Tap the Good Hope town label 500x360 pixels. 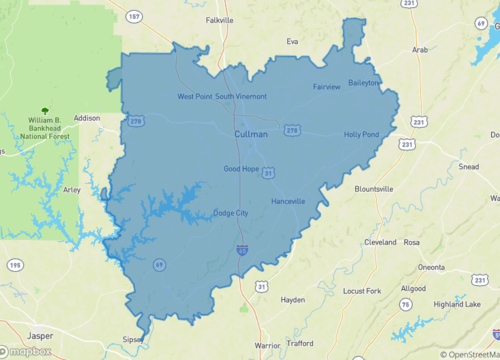[243, 168]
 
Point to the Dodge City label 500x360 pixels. [232, 213]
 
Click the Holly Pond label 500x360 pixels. [361, 134]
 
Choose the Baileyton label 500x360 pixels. [364, 83]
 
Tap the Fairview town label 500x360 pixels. [327, 87]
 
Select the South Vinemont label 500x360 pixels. [241, 96]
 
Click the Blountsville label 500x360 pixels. [374, 188]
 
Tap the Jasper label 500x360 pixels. [40, 335]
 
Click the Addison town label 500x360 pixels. [87, 118]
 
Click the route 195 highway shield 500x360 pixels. [14, 264]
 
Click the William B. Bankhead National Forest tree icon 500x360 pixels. [43, 111]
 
